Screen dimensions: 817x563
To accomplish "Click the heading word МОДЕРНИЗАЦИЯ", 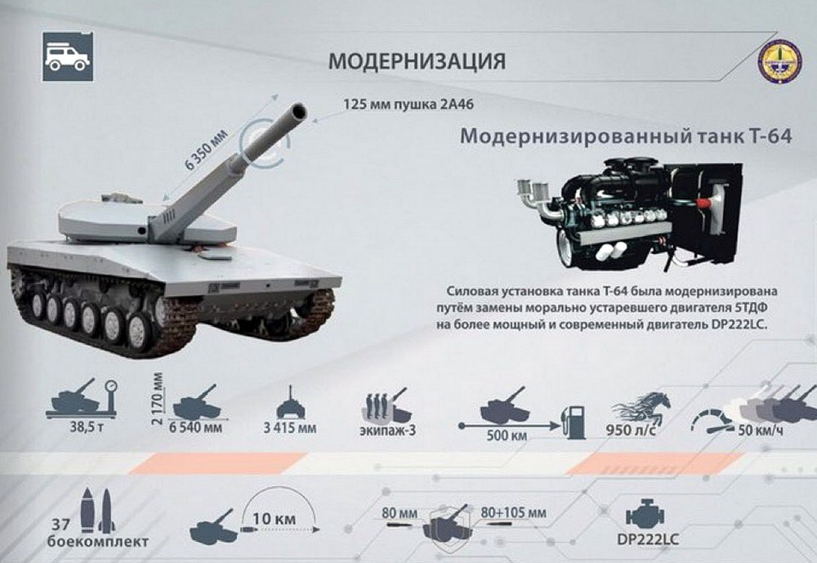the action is click(x=417, y=61).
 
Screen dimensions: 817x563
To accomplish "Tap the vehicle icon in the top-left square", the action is click(x=68, y=57).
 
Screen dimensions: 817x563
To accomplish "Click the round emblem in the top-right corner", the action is click(x=779, y=61).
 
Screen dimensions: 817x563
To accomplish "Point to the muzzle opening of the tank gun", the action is click(x=299, y=111).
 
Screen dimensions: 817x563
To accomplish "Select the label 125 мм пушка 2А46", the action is click(x=408, y=105).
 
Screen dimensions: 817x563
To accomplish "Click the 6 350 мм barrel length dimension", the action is click(x=207, y=149).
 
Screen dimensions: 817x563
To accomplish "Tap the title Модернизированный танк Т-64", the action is click(x=626, y=136).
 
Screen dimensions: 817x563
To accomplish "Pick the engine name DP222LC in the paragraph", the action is click(x=739, y=324).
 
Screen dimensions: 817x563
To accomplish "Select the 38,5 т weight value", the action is click(x=87, y=427).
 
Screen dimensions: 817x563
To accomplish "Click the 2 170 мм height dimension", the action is click(x=158, y=399).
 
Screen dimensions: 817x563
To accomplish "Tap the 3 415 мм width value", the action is click(x=290, y=428).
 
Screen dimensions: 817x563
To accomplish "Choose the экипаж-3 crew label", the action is click(x=387, y=431).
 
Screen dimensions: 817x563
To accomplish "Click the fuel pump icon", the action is click(x=574, y=422).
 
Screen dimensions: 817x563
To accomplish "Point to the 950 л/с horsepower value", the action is click(x=631, y=430).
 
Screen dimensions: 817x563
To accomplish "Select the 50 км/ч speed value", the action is click(x=760, y=431).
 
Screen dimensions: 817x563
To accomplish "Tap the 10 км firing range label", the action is click(x=274, y=519).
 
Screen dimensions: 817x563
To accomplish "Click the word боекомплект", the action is click(x=98, y=542).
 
